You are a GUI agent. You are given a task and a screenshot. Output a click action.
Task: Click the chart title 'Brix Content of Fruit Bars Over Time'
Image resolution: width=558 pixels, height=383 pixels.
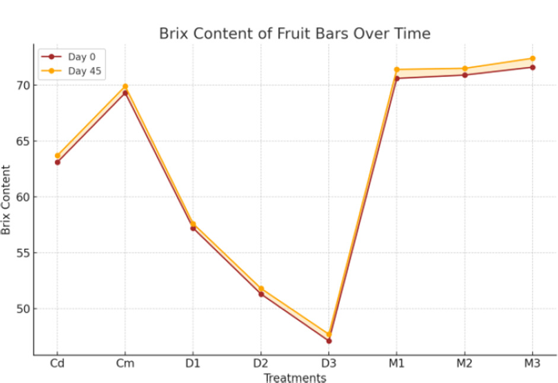coord(294,34)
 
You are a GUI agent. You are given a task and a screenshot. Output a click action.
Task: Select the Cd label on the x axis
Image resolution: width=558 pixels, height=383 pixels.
coord(58,363)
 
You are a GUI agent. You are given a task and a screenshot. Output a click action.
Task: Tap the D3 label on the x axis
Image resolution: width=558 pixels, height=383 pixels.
coord(329,363)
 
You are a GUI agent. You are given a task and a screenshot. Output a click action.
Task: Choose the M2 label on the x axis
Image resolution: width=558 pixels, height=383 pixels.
coord(464,363)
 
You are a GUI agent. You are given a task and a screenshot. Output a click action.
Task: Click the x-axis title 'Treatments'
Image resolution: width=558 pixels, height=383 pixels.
coord(295,378)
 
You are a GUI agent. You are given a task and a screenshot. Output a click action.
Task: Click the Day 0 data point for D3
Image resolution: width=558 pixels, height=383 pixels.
coord(329,341)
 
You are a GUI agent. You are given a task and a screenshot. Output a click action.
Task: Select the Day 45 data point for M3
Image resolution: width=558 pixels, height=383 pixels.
coord(533,59)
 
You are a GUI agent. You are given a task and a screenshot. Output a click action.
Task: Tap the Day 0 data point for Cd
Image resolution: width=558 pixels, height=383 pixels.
coord(58,162)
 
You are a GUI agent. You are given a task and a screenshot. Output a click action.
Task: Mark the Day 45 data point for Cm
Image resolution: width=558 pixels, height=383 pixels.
coord(125,87)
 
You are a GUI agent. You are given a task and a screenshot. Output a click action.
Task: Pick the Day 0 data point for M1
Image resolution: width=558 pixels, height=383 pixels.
coord(397,78)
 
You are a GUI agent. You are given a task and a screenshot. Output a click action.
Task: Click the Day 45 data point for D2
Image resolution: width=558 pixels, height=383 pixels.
coord(261,289)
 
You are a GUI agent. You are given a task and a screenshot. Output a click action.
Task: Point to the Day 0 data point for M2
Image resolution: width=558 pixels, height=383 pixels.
coord(464,75)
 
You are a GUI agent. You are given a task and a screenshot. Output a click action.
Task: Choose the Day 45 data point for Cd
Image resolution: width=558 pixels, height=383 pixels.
coord(58,155)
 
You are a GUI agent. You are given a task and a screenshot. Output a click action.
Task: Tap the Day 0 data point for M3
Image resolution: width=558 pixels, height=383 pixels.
coord(533,67)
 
